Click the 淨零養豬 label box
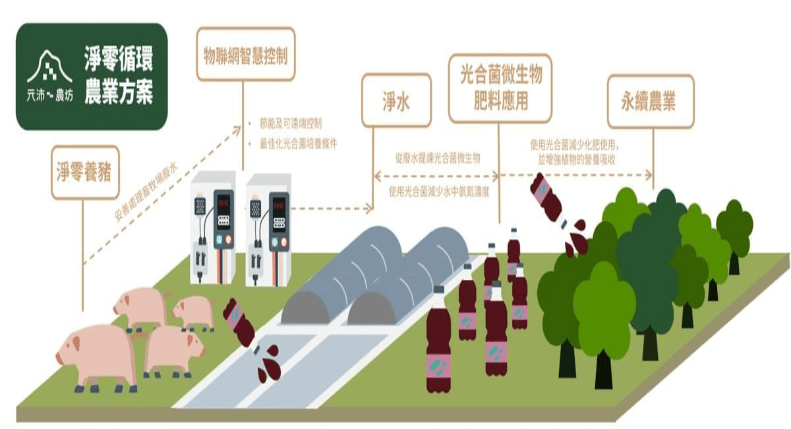(x=85, y=172)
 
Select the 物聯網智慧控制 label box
(x=245, y=54)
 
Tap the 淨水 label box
(x=396, y=100)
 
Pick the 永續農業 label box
(x=650, y=101)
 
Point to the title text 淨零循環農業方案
(x=119, y=77)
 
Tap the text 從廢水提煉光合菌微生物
(x=438, y=158)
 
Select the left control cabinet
(x=212, y=228)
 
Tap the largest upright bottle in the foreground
(x=438, y=343)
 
